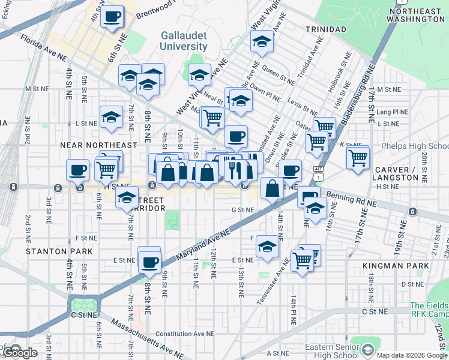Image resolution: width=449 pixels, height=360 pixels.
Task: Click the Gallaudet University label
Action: click(184, 41)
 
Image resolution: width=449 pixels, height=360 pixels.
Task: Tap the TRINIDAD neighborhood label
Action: click(326, 29)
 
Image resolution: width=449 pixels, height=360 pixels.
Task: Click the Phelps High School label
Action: click(415, 146)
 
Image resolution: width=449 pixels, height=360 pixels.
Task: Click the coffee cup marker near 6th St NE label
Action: click(112, 17)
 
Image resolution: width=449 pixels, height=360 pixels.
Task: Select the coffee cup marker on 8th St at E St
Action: click(149, 261)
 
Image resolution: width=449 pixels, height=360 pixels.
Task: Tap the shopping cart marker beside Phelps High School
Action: click(358, 158)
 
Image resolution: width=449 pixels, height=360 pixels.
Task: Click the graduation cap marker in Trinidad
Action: click(262, 41)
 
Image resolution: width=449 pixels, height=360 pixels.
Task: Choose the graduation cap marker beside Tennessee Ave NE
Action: click(267, 246)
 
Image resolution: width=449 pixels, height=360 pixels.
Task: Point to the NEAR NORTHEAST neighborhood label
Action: click(98, 145)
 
